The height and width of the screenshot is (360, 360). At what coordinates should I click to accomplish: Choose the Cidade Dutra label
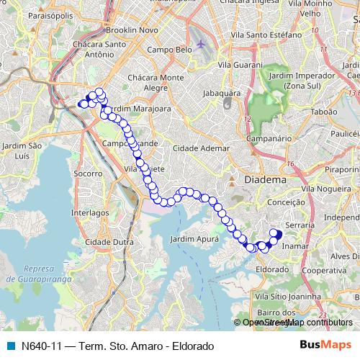pyautogui.click(x=107, y=242)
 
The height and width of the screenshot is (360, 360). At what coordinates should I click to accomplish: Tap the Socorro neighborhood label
pyautogui.click(x=87, y=174)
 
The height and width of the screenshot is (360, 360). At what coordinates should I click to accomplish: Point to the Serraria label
pyautogui.click(x=301, y=225)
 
